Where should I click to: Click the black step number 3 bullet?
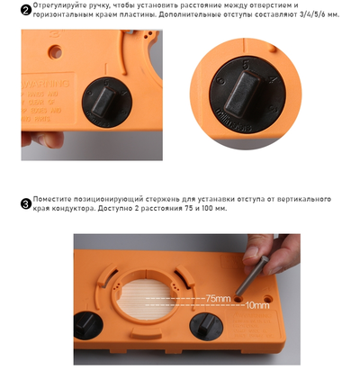25,203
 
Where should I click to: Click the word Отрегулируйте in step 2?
57,5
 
